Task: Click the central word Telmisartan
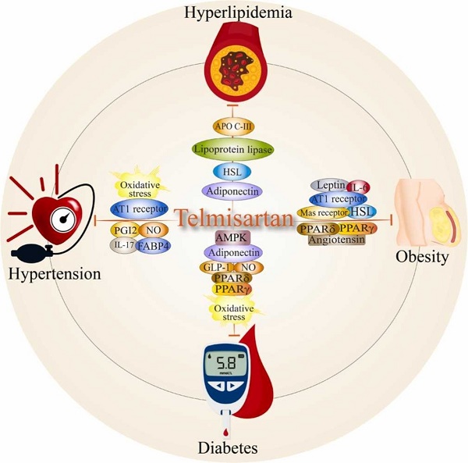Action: coord(233,217)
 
